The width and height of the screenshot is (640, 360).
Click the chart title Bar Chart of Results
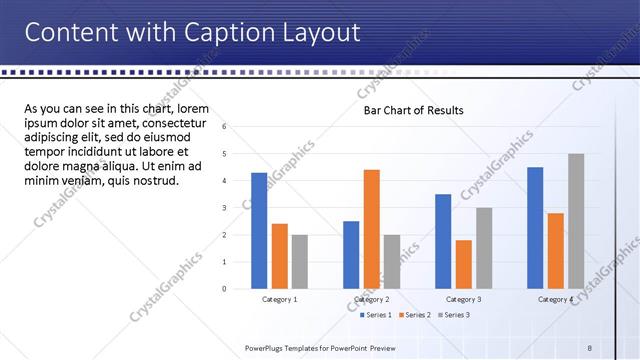(413, 110)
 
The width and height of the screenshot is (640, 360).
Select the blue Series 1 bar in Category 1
(259, 231)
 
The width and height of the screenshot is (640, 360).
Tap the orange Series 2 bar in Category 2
(371, 229)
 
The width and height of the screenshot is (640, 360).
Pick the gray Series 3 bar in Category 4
(576, 221)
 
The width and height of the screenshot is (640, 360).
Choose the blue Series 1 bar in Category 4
(535, 228)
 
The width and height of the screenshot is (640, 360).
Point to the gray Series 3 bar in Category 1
(300, 262)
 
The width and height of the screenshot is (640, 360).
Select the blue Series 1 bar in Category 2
(351, 255)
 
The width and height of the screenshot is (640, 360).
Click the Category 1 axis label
(280, 299)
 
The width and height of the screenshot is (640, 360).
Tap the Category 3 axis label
(463, 299)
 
